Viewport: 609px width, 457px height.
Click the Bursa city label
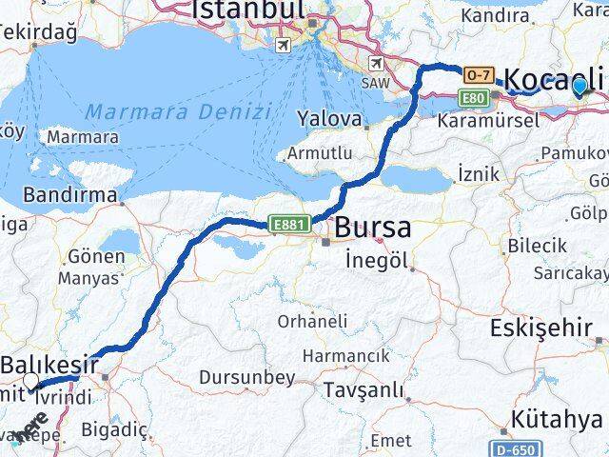(x=372, y=228)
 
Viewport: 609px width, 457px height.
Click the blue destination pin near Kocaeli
(x=580, y=87)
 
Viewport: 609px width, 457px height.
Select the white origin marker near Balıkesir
(x=32, y=382)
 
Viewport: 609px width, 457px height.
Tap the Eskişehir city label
(x=540, y=328)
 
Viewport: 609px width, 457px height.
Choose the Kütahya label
(x=558, y=419)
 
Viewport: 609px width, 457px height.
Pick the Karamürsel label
(x=486, y=120)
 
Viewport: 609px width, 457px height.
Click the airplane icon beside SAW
(x=378, y=64)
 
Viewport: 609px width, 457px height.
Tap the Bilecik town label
(x=537, y=246)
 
